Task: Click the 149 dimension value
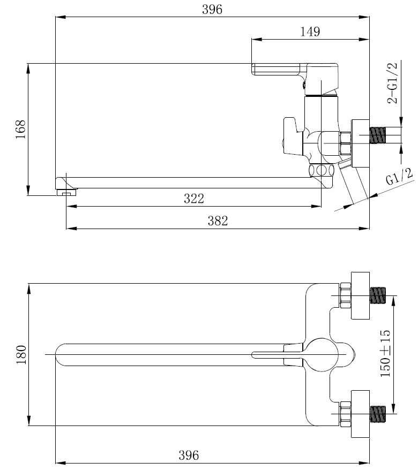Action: (310, 31)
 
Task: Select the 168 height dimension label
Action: (21, 129)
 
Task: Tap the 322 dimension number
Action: (194, 198)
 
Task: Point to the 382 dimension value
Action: (218, 221)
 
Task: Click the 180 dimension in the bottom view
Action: (21, 354)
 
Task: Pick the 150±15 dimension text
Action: (385, 354)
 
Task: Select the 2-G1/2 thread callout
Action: (392, 83)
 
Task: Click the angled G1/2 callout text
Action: (399, 177)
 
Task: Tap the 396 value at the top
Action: (212, 9)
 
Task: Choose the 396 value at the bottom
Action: (189, 455)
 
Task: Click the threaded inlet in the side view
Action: (377, 135)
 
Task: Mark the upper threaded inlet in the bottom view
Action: (377, 295)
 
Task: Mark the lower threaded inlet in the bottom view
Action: (377, 414)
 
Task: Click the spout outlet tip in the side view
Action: (66, 192)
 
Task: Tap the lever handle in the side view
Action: (295, 72)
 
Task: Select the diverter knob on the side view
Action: (293, 137)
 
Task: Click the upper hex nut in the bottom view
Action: (346, 295)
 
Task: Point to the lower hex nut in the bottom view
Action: (346, 414)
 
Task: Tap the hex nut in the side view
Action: (346, 143)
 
